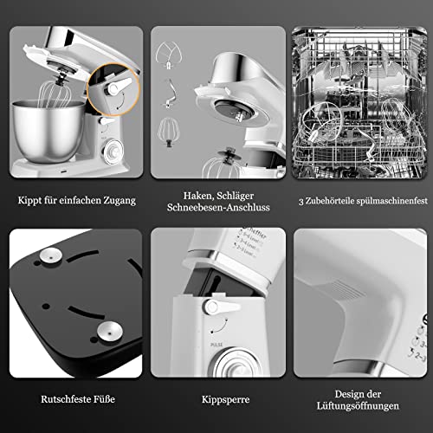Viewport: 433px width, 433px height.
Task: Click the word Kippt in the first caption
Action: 30,200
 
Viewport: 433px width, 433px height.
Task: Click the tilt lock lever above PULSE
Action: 211,307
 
